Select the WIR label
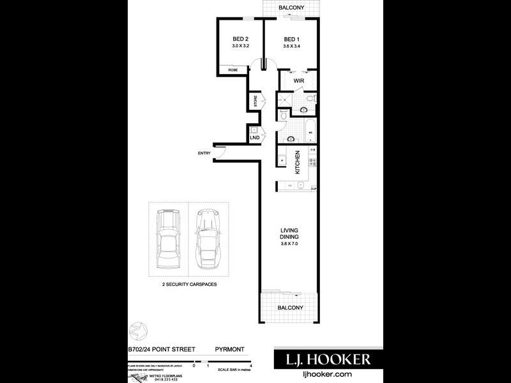(x=298, y=82)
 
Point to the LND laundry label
(x=254, y=137)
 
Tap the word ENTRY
(x=204, y=153)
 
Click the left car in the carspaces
(x=169, y=241)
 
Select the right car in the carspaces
(x=208, y=241)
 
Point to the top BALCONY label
(x=291, y=8)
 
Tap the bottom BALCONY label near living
(x=289, y=308)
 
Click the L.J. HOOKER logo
(x=324, y=359)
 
